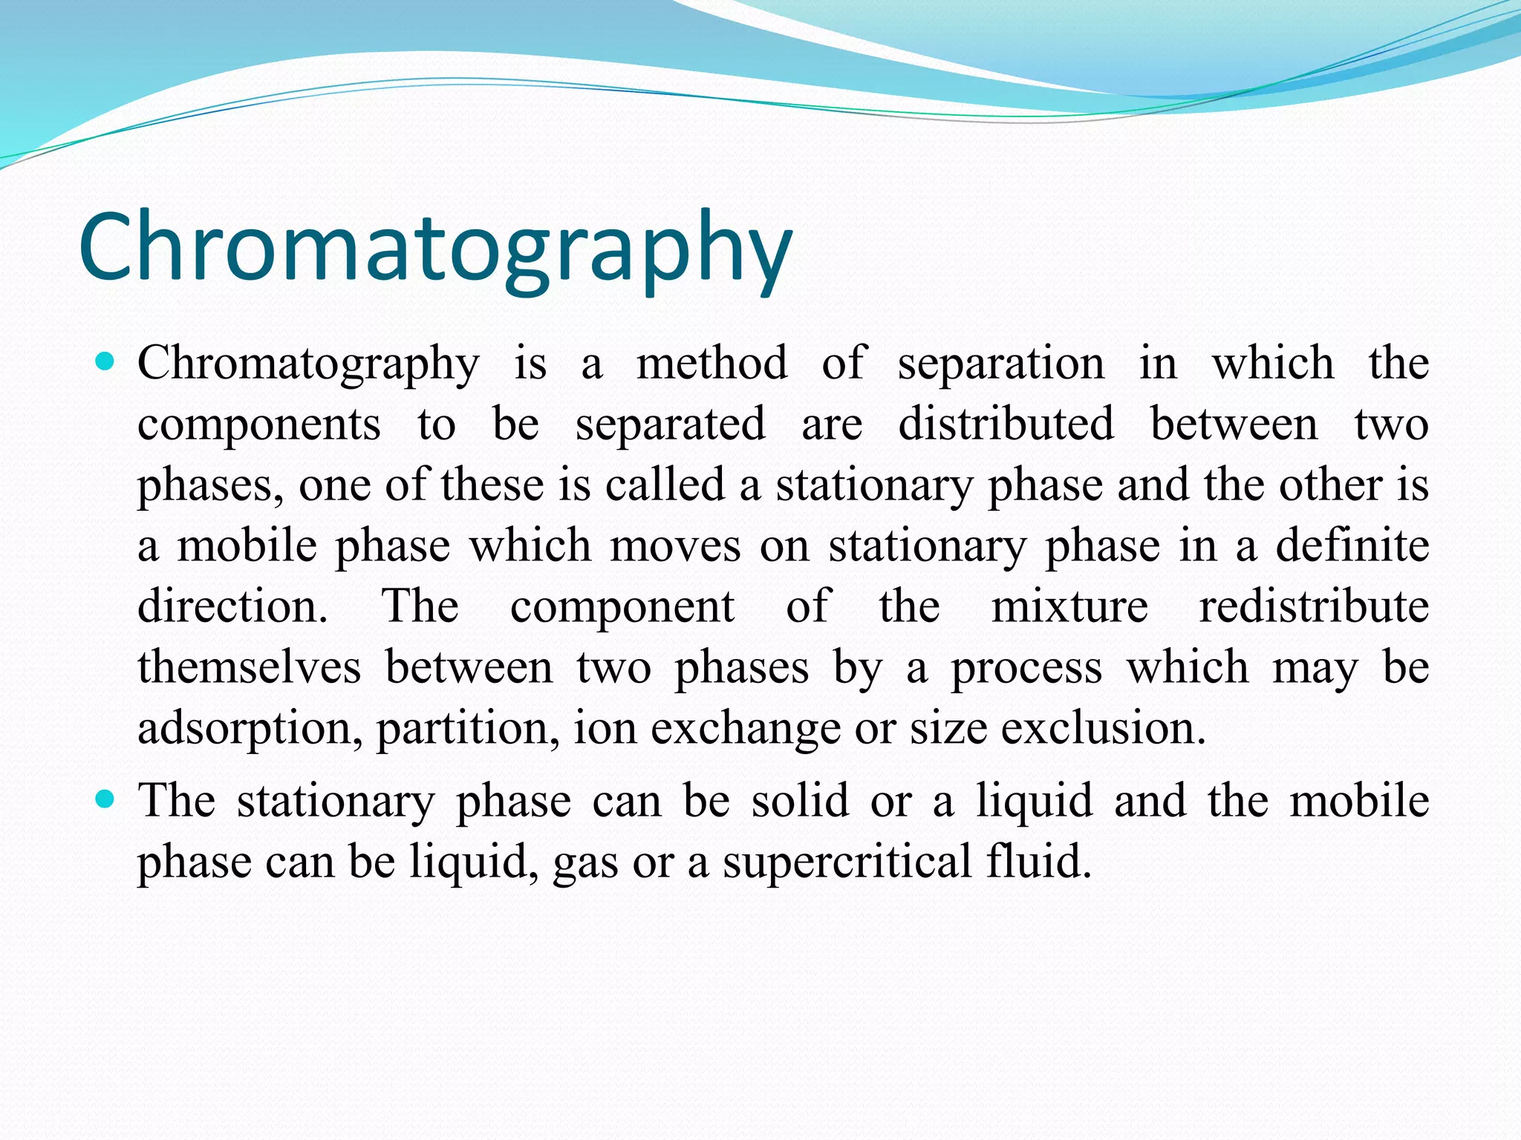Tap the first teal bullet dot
[x=105, y=363]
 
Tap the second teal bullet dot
[x=105, y=800]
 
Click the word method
[x=711, y=364]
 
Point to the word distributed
[x=1006, y=425]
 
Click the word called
[x=664, y=485]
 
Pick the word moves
[x=675, y=547]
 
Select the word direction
[x=232, y=607]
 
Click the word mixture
[x=1069, y=607]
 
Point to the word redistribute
[x=1314, y=607]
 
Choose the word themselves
[x=249, y=667]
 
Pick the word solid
[x=799, y=802]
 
